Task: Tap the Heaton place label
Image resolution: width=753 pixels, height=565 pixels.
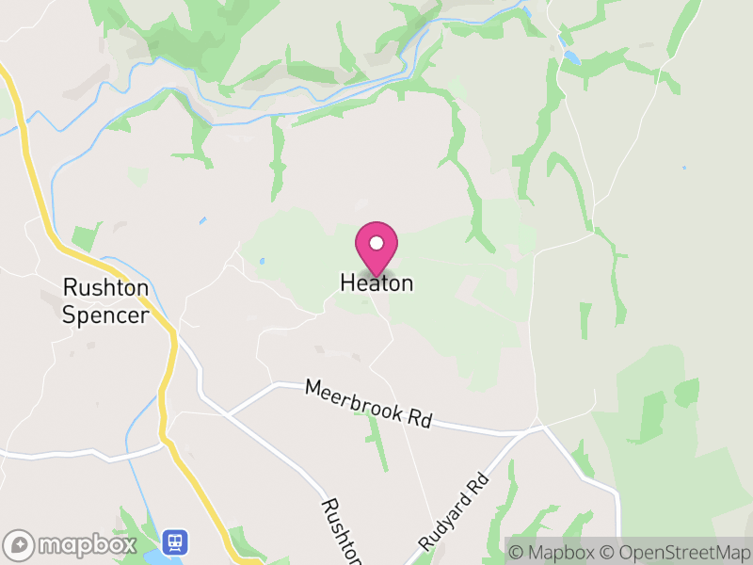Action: pyautogui.click(x=376, y=282)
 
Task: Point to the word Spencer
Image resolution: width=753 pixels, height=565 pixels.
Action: pyautogui.click(x=104, y=315)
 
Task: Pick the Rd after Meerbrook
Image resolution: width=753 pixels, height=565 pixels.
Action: pyautogui.click(x=420, y=418)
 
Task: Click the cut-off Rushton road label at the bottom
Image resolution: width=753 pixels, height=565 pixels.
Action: pyautogui.click(x=342, y=532)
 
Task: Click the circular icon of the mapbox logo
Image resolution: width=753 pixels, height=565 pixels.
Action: pyautogui.click(x=19, y=544)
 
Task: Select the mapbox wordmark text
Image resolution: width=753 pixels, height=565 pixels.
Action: pyautogui.click(x=87, y=544)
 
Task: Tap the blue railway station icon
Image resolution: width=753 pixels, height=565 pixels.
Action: pyautogui.click(x=175, y=541)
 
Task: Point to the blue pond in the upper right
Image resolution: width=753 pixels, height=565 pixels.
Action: pyautogui.click(x=571, y=57)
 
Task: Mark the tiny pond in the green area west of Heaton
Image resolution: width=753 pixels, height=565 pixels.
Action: pyautogui.click(x=261, y=262)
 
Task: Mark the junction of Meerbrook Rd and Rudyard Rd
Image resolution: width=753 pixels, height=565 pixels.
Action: pyautogui.click(x=541, y=428)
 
